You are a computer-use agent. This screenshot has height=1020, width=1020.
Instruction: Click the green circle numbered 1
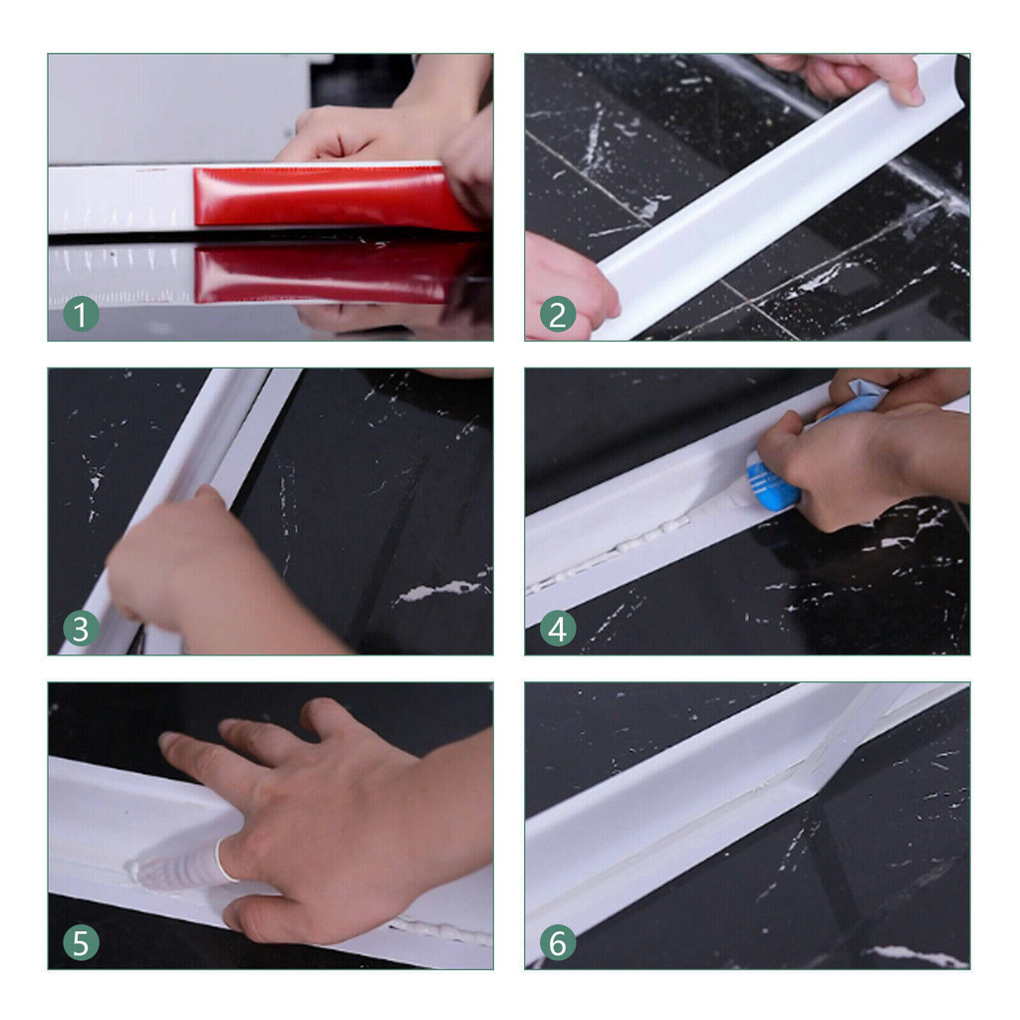[x=81, y=315]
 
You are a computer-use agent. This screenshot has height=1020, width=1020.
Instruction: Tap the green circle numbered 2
[x=558, y=315]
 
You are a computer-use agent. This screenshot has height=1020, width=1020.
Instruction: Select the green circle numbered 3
[x=81, y=630]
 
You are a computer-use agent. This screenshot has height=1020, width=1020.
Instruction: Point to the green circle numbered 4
[x=558, y=630]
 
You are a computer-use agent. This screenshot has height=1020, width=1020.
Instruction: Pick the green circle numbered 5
[x=81, y=943]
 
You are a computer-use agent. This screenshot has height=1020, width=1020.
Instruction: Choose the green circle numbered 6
[x=558, y=943]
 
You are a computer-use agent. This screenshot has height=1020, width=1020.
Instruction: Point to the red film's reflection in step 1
[x=326, y=273]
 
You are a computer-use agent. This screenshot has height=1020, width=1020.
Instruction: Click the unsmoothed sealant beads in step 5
[x=441, y=930]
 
